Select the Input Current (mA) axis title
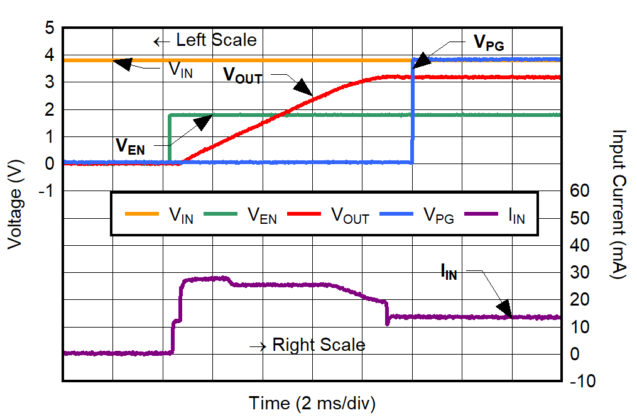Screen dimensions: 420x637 (619, 205)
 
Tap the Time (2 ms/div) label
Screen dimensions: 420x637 (312, 403)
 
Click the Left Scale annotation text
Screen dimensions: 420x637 (216, 40)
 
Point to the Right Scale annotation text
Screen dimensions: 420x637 (318, 345)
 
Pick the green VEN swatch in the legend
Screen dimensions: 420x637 (220, 214)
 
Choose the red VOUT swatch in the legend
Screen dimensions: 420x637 (305, 214)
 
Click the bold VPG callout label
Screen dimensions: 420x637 (488, 43)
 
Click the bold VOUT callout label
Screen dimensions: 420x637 (242, 74)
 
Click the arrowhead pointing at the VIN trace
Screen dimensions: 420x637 (124, 63)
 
